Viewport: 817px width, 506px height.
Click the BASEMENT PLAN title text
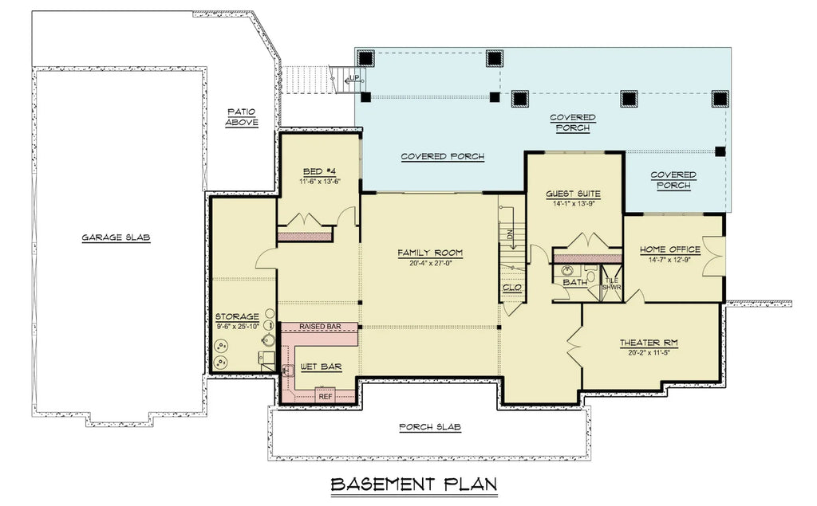point(413,484)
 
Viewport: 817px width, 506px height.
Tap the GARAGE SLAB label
point(116,237)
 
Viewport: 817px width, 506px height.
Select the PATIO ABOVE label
point(241,116)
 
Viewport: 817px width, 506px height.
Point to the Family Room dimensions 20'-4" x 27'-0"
point(430,263)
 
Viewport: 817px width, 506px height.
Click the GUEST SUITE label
point(573,194)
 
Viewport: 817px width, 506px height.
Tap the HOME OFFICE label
point(669,249)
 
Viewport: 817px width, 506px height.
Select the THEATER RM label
point(649,343)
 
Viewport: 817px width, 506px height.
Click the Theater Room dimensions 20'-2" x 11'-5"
point(649,352)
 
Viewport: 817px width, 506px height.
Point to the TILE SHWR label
point(612,284)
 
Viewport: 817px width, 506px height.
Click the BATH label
point(574,282)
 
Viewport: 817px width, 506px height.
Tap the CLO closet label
point(511,288)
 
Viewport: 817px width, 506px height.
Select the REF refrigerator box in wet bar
point(325,395)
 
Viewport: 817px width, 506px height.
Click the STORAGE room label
point(236,316)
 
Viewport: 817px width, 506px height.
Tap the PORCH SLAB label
point(429,427)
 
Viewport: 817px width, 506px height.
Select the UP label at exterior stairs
point(354,78)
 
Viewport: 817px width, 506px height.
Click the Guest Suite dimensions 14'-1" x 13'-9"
point(573,203)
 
